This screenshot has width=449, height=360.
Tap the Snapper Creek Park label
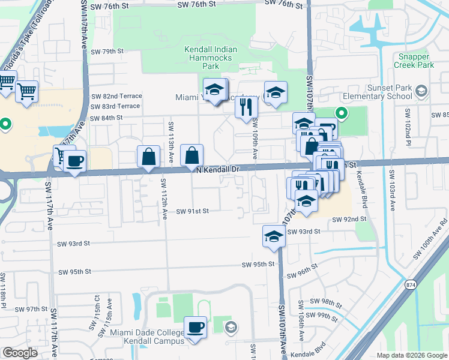[x=413, y=61]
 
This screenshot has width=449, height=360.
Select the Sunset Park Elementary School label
[x=377, y=92]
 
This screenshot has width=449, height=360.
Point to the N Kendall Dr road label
[x=218, y=170]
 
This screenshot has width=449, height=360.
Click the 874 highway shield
[x=410, y=284]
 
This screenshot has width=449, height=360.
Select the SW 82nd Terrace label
[x=116, y=96]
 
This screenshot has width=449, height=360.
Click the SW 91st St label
[x=192, y=211]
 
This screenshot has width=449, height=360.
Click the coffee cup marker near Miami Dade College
[x=195, y=327]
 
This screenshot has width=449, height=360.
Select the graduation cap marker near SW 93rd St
[x=274, y=236]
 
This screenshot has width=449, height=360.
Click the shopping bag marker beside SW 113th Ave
[x=148, y=157]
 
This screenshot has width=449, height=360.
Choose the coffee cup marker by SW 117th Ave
[x=76, y=161]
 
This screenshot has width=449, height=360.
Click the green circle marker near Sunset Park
[x=341, y=113]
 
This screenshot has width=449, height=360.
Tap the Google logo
[x=20, y=353]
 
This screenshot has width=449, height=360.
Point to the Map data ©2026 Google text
[x=411, y=355]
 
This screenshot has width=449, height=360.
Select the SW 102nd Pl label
[x=407, y=125]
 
